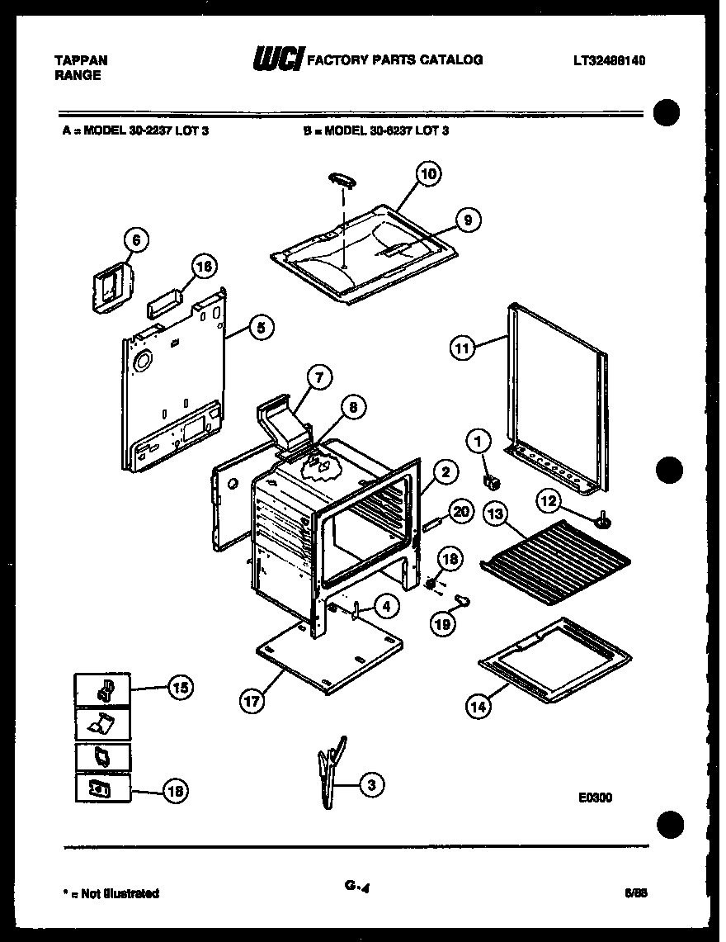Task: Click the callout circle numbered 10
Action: [427, 174]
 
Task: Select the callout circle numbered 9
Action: [467, 220]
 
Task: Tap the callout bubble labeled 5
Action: [260, 328]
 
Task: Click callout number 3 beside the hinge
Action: [372, 785]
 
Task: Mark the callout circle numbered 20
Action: [461, 512]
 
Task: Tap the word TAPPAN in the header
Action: [80, 60]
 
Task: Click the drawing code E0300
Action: [595, 798]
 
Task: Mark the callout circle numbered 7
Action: [319, 377]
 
